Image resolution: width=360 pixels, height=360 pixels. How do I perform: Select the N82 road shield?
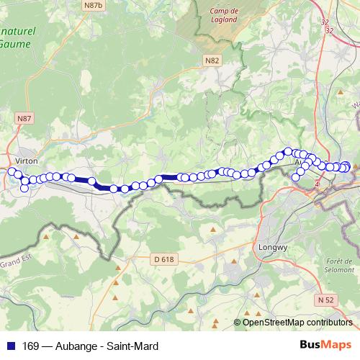click(211, 60)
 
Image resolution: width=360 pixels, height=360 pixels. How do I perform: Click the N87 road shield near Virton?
click(24, 116)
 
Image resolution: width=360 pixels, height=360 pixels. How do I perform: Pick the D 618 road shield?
click(164, 258)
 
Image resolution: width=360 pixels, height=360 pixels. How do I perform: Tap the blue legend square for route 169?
click(10, 346)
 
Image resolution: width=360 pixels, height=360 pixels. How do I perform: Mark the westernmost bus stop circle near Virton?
click(11, 171)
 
